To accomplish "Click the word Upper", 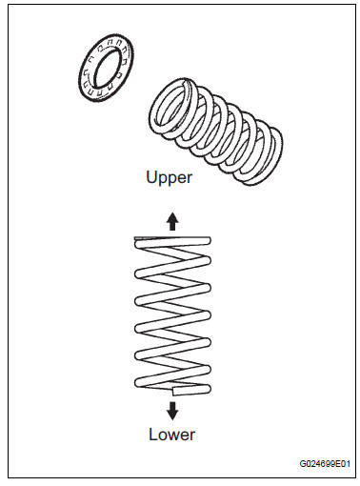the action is (169, 177).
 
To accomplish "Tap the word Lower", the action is (172, 435).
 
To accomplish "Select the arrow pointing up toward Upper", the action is (172, 221).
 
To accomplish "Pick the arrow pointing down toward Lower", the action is (172, 411).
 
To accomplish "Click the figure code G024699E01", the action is (325, 464).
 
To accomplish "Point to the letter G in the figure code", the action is (303, 464).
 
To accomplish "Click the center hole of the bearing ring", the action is (108, 69).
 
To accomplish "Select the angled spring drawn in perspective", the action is (216, 132).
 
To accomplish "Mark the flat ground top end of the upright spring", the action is (172, 237).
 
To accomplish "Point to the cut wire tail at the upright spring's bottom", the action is (190, 391).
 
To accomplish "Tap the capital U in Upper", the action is (151, 176).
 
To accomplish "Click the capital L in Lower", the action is (153, 435).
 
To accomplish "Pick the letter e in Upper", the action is (181, 178).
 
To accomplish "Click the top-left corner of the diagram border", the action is (9, 5).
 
